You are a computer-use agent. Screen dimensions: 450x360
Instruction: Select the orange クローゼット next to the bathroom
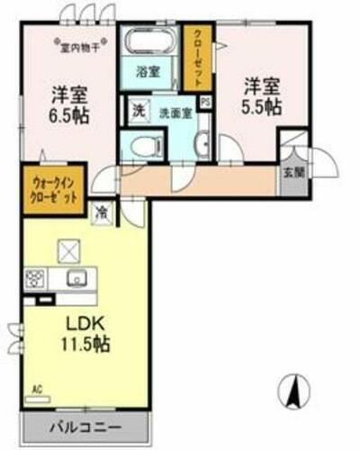tap(194, 57)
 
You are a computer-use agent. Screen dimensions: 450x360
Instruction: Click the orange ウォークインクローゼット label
tap(49, 189)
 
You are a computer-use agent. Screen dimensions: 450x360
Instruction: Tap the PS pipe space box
tap(205, 103)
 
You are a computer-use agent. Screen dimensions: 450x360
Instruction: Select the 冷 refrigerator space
tap(103, 213)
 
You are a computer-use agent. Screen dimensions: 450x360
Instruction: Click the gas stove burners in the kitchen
tap(36, 277)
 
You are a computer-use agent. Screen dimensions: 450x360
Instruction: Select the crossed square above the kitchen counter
tap(68, 249)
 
